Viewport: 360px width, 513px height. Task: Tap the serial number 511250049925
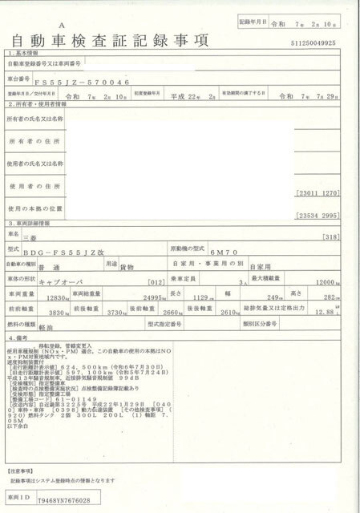tap(319, 42)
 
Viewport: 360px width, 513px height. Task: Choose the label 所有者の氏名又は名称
tap(35, 119)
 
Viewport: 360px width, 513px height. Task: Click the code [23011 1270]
tap(324, 193)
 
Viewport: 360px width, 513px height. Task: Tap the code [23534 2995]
tap(324, 216)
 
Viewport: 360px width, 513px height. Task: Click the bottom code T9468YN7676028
tap(64, 499)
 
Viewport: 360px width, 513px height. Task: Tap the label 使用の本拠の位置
tap(35, 208)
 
